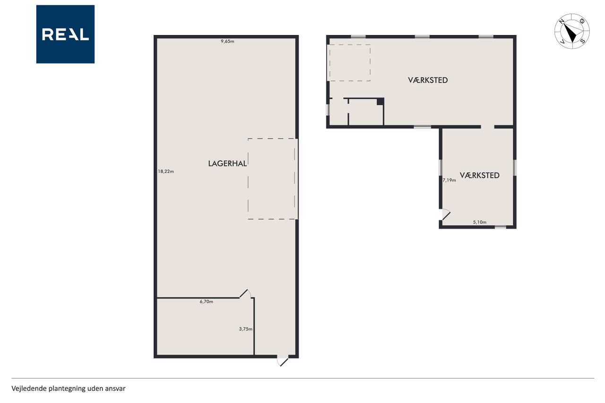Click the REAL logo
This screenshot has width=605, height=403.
[x=65, y=34]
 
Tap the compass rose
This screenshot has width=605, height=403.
[x=572, y=31]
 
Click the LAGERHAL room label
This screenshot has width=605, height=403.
[x=227, y=163]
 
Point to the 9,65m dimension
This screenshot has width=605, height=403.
[x=227, y=41]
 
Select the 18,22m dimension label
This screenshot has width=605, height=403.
[x=166, y=171]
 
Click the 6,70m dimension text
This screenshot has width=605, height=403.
[x=207, y=302]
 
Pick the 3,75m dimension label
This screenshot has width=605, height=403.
[x=245, y=329]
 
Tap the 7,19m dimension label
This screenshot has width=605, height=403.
[x=449, y=180]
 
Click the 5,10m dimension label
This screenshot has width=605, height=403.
[x=480, y=222]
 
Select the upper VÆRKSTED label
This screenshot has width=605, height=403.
[x=428, y=80]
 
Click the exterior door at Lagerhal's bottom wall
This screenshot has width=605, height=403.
[x=283, y=360]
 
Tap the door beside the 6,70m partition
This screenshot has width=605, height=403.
[x=245, y=293]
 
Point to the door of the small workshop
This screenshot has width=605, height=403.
[x=446, y=214]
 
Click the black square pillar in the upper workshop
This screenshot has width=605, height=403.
[x=380, y=102]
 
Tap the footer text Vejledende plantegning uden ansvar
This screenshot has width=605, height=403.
[x=69, y=389]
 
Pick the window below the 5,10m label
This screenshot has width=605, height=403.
[x=501, y=227]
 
